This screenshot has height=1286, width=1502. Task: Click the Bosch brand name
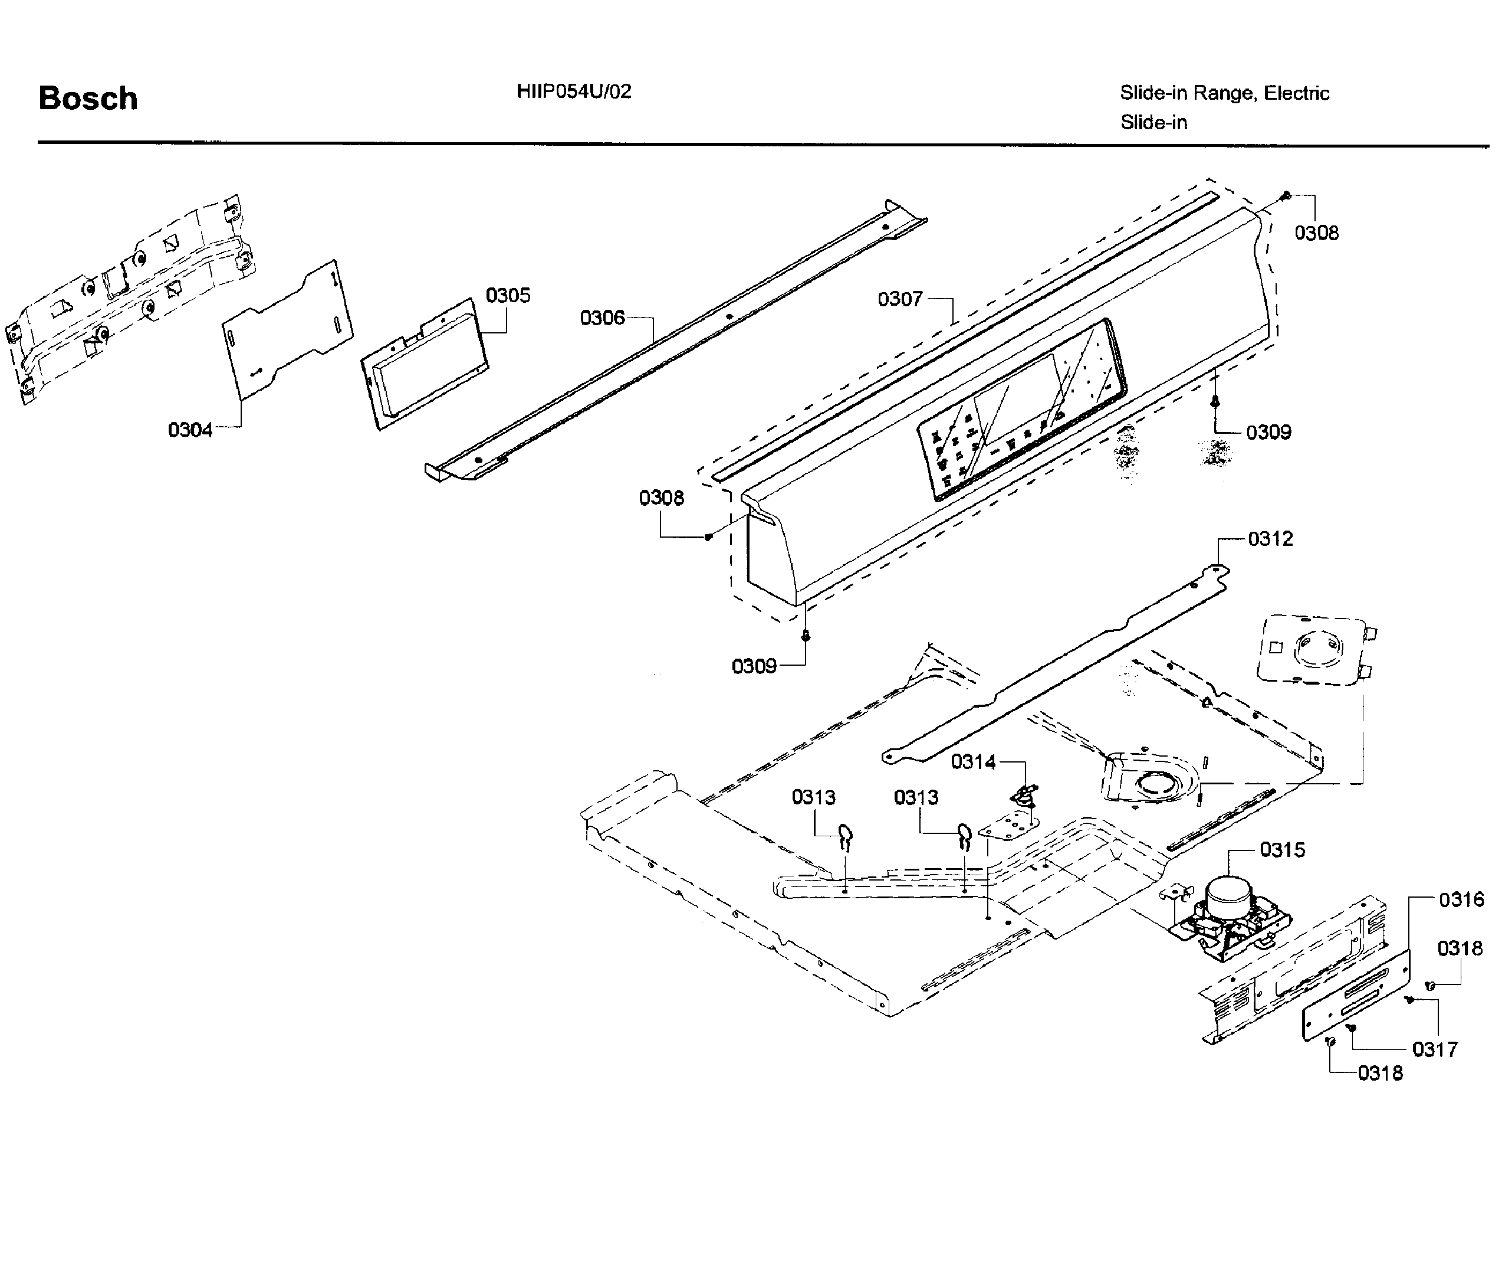click(88, 99)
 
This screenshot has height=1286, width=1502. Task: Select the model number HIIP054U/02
click(573, 91)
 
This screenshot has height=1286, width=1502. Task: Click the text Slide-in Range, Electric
click(1224, 93)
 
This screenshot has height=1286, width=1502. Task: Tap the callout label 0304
click(190, 430)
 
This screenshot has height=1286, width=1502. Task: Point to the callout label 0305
click(507, 295)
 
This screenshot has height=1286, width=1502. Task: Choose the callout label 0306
click(602, 318)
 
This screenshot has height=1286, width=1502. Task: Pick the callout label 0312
click(1270, 539)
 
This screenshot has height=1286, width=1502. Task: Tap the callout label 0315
click(1283, 849)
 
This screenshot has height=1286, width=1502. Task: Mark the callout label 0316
click(1461, 899)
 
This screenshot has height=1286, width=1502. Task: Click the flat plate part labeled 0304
click(287, 330)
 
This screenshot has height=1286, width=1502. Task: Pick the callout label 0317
click(1435, 1049)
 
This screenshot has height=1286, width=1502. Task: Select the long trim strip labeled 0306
click(674, 341)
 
